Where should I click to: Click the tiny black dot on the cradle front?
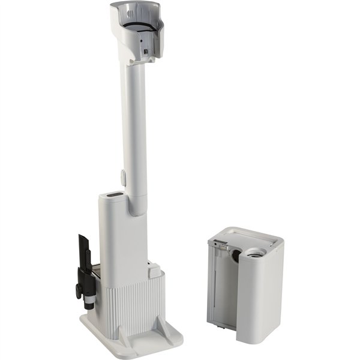click(140, 42)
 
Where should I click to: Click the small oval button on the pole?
click(123, 176)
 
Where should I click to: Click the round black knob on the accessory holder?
click(78, 291)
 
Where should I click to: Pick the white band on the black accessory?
click(89, 296)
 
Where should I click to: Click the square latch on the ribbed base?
click(154, 271)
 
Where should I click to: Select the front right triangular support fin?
click(161, 321)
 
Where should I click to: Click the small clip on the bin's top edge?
click(220, 243)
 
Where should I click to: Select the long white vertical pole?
click(134, 120)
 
